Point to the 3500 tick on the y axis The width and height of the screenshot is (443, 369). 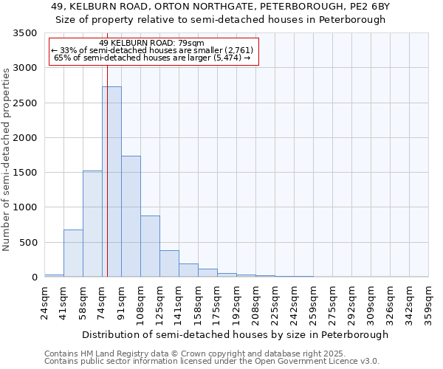pyautogui.click(x=26, y=34)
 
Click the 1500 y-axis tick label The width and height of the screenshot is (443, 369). pyautogui.click(x=26, y=173)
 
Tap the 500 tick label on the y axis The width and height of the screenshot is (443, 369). pyautogui.click(x=29, y=243)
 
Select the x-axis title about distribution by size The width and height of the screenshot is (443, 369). pyautogui.click(x=235, y=334)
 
